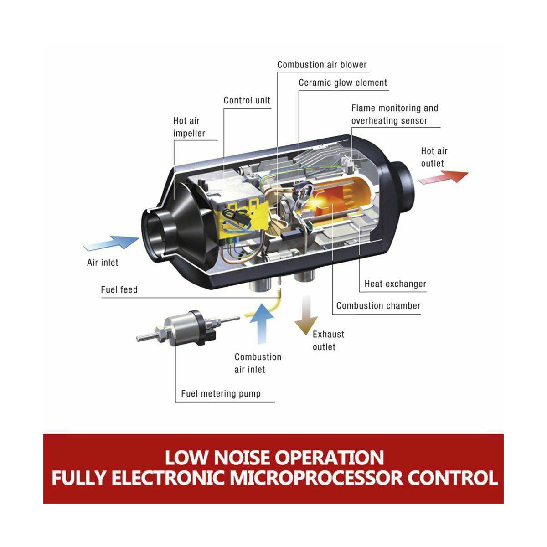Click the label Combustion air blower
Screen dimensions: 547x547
322,65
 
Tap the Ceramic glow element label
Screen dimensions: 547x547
343,83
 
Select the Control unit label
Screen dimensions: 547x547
247,100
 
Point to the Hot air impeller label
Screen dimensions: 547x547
189,127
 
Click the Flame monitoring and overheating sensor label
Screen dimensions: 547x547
395,114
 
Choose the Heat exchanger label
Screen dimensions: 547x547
395,284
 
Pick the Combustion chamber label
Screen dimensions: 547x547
378,306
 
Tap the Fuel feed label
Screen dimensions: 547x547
119,289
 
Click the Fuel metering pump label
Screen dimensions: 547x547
221,394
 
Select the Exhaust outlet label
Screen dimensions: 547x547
328,341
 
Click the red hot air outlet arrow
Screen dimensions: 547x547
443,177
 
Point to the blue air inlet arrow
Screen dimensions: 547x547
111,243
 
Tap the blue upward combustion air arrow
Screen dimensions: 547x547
261,324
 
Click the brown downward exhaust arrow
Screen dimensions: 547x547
306,315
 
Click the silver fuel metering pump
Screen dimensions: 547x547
187,328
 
